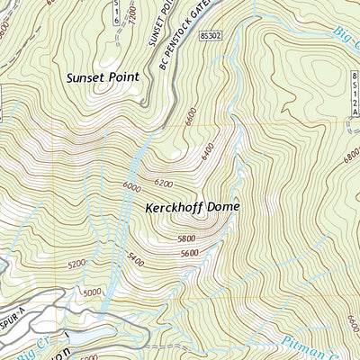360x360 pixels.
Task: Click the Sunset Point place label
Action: pos(103,77)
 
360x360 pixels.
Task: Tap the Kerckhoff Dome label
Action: pos(193,206)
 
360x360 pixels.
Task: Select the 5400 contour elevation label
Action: pos(135,258)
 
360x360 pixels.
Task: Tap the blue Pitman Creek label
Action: pos(305,346)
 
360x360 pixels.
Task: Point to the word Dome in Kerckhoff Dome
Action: pos(224,206)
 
